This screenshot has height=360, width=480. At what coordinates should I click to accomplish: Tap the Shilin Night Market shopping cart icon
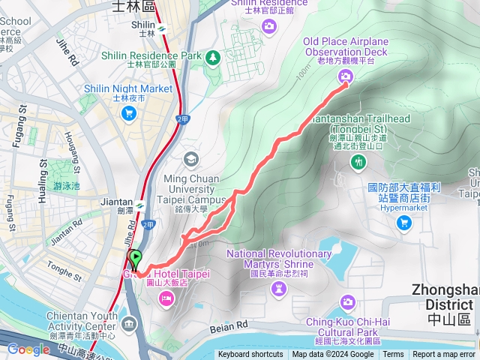(x=128, y=112)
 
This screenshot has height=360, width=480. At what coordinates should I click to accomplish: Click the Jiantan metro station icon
(x=139, y=202)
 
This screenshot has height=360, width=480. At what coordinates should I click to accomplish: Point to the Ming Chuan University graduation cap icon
(x=191, y=158)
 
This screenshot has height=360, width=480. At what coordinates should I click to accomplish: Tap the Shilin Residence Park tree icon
(x=214, y=56)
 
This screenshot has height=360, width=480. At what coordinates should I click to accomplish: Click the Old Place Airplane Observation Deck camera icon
(x=345, y=76)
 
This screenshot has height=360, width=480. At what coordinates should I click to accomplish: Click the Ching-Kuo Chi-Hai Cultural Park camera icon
(x=347, y=302)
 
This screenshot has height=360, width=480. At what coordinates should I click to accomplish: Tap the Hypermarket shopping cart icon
(x=404, y=222)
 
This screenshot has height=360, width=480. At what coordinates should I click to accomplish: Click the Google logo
(x=28, y=349)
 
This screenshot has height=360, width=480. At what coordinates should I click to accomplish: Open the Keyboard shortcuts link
(x=250, y=355)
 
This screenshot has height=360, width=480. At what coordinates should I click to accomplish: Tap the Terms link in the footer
(x=393, y=355)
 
